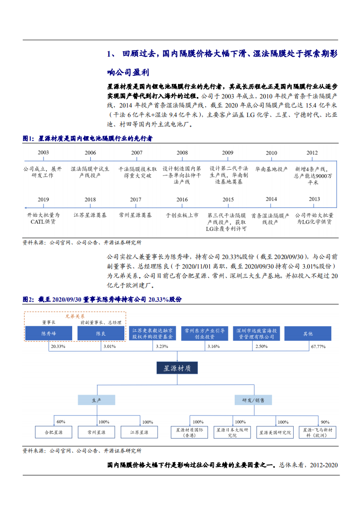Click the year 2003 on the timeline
click(x=44, y=153)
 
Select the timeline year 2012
click(x=312, y=153)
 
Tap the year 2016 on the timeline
click(x=182, y=200)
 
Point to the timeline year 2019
click(x=44, y=200)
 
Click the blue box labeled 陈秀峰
click(x=49, y=333)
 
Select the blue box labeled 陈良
click(x=101, y=333)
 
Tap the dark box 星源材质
click(x=177, y=368)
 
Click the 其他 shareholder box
click(x=308, y=333)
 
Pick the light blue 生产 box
click(x=96, y=400)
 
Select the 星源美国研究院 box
click(x=275, y=432)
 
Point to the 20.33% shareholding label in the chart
click(x=58, y=346)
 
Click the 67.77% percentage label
click(x=319, y=346)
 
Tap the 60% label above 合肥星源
click(x=61, y=421)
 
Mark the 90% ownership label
click(x=325, y=421)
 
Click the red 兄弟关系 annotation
click(x=75, y=316)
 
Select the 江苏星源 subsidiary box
click(x=139, y=432)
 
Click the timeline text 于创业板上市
click(x=182, y=215)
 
